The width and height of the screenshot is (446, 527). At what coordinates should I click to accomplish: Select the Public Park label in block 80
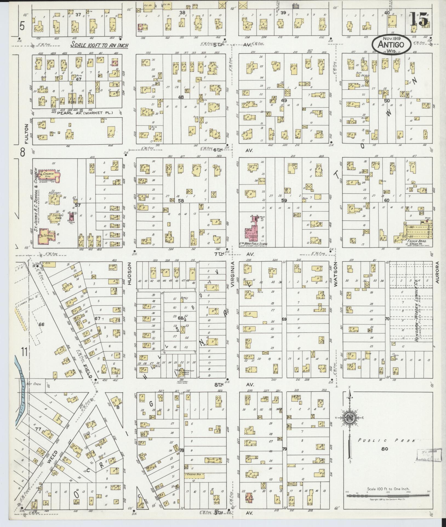(386, 441)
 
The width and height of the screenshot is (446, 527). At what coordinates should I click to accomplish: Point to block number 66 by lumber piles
(41, 324)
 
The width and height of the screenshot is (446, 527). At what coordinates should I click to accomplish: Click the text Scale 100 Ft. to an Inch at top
(99, 45)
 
